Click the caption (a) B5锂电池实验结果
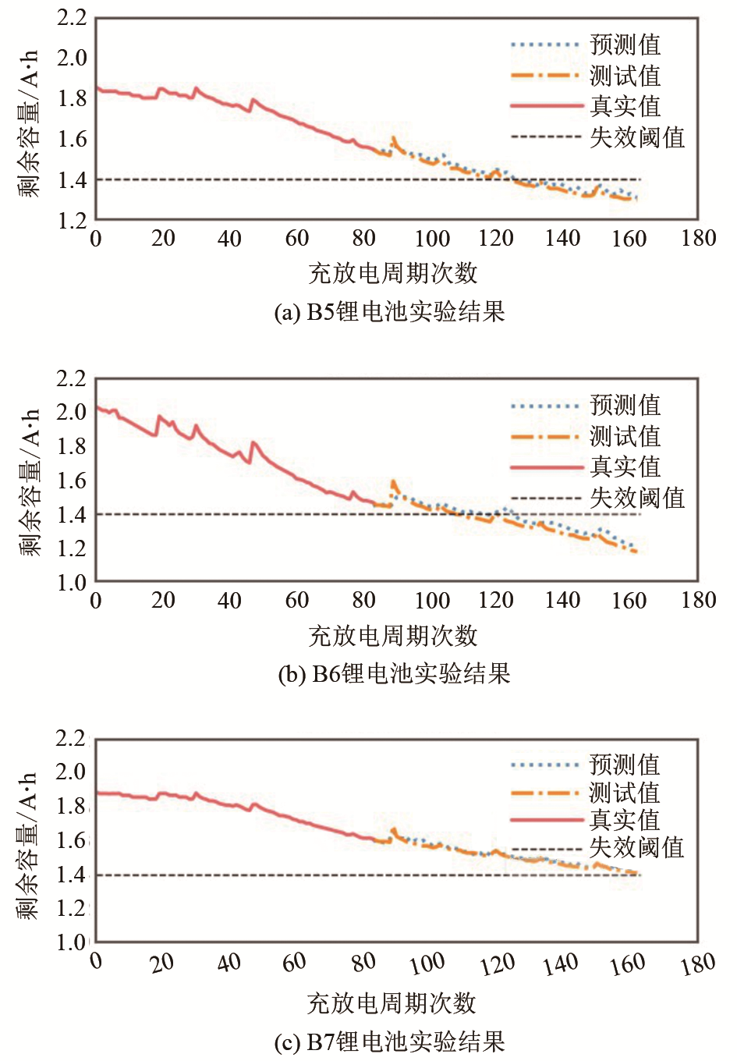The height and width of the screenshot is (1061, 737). click(390, 312)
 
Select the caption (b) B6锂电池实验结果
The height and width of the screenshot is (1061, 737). click(394, 673)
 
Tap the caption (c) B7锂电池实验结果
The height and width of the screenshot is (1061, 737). click(390, 1041)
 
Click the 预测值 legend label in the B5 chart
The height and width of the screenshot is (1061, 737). click(625, 44)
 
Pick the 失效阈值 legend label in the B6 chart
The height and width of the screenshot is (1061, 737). click(637, 498)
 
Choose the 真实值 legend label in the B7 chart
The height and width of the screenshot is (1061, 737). click(625, 820)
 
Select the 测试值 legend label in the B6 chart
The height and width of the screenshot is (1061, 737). click(625, 436)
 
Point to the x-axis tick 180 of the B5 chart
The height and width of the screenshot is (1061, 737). click(698, 238)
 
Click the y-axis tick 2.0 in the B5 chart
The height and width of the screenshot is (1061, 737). click(72, 57)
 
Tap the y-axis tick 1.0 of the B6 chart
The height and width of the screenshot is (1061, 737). click(72, 582)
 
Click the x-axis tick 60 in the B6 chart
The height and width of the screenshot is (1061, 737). click(296, 600)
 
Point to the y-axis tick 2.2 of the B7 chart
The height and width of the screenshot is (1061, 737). click(72, 737)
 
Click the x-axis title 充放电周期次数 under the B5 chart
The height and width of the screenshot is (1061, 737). click(393, 273)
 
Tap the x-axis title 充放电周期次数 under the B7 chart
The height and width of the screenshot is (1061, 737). click(392, 1003)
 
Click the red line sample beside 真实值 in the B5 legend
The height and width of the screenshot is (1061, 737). click(546, 105)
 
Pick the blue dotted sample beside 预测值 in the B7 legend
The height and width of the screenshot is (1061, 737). click(546, 765)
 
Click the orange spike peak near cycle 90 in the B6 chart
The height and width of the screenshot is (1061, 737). click(393, 482)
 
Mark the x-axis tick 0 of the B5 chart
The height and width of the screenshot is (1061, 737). click(96, 238)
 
